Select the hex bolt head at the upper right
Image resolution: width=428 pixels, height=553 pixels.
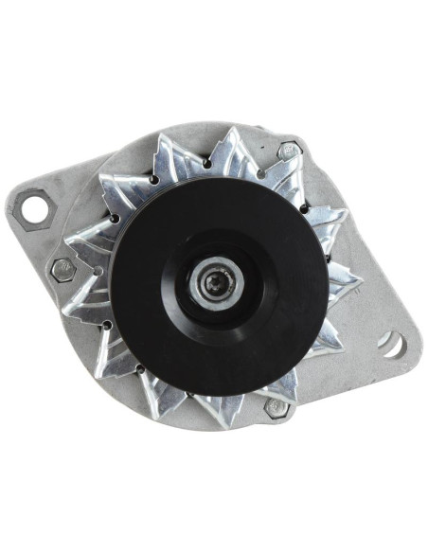(290, 150)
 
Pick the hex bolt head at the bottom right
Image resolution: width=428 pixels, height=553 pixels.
(277, 408)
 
